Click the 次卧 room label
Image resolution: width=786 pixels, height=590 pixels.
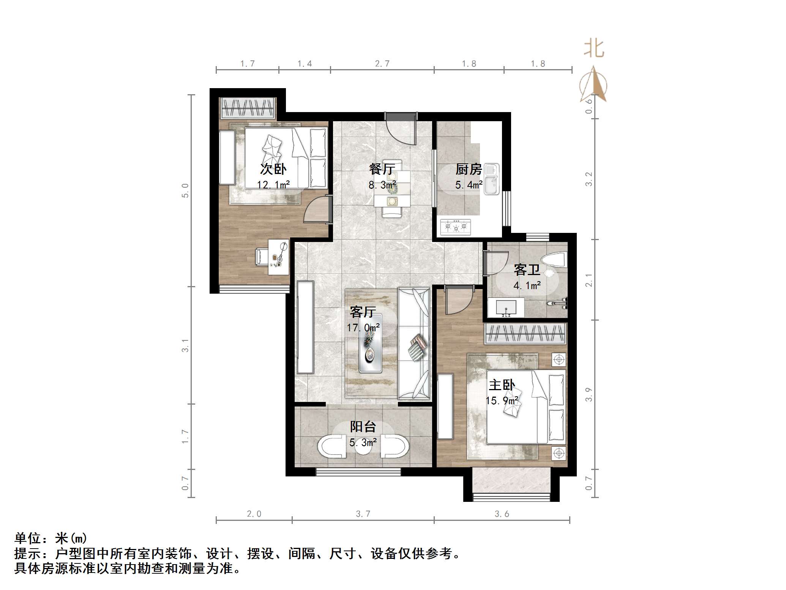273,169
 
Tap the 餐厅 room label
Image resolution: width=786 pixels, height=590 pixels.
382,169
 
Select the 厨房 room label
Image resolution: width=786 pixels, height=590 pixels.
469,169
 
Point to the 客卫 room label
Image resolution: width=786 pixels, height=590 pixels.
527,270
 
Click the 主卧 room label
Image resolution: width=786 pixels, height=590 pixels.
502,385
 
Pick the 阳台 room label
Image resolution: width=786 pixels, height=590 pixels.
363,427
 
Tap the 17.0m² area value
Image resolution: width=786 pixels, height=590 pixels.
363,327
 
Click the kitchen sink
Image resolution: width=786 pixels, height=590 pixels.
491,180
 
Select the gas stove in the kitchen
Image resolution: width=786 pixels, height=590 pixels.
456,226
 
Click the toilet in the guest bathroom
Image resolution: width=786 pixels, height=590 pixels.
554,261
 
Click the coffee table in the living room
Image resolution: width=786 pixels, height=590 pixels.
370,346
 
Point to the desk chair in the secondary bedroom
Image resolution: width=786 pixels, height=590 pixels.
262,256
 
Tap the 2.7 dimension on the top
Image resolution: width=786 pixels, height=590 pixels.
382,64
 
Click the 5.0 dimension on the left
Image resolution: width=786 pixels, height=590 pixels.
185,190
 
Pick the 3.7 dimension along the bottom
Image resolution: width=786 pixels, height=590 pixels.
363,514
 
